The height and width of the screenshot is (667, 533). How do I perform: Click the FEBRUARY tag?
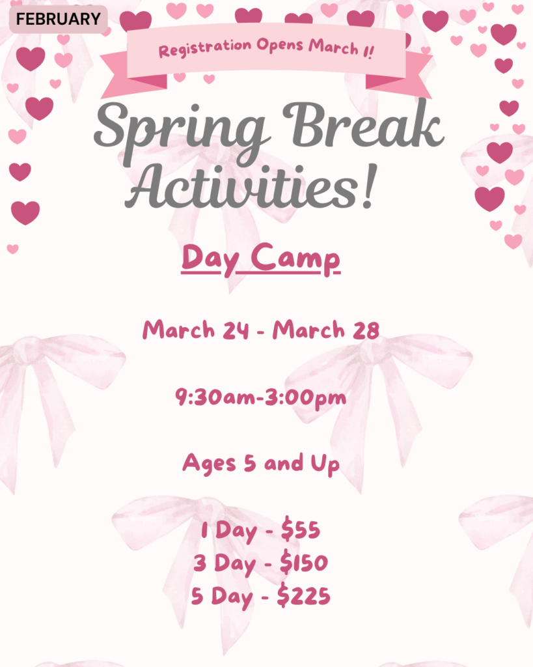point(58,19)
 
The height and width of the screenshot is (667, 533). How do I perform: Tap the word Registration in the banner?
point(205,48)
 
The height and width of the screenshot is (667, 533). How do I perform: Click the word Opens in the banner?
point(280,45)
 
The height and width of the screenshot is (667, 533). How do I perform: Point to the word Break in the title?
point(363,123)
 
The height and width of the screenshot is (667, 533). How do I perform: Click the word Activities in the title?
point(242,187)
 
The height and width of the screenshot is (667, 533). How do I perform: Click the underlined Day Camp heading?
point(260,259)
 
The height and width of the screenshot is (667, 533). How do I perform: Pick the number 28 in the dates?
point(366,330)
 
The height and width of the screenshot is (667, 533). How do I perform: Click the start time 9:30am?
point(215,397)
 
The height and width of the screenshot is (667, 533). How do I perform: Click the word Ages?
point(209,464)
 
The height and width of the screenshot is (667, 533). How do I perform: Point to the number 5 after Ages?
point(250,463)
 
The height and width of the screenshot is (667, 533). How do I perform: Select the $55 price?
point(301,529)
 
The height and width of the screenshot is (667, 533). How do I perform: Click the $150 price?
point(304,562)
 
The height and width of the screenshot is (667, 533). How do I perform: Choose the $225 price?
point(303,595)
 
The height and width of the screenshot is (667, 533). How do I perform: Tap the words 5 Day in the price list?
point(222,597)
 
